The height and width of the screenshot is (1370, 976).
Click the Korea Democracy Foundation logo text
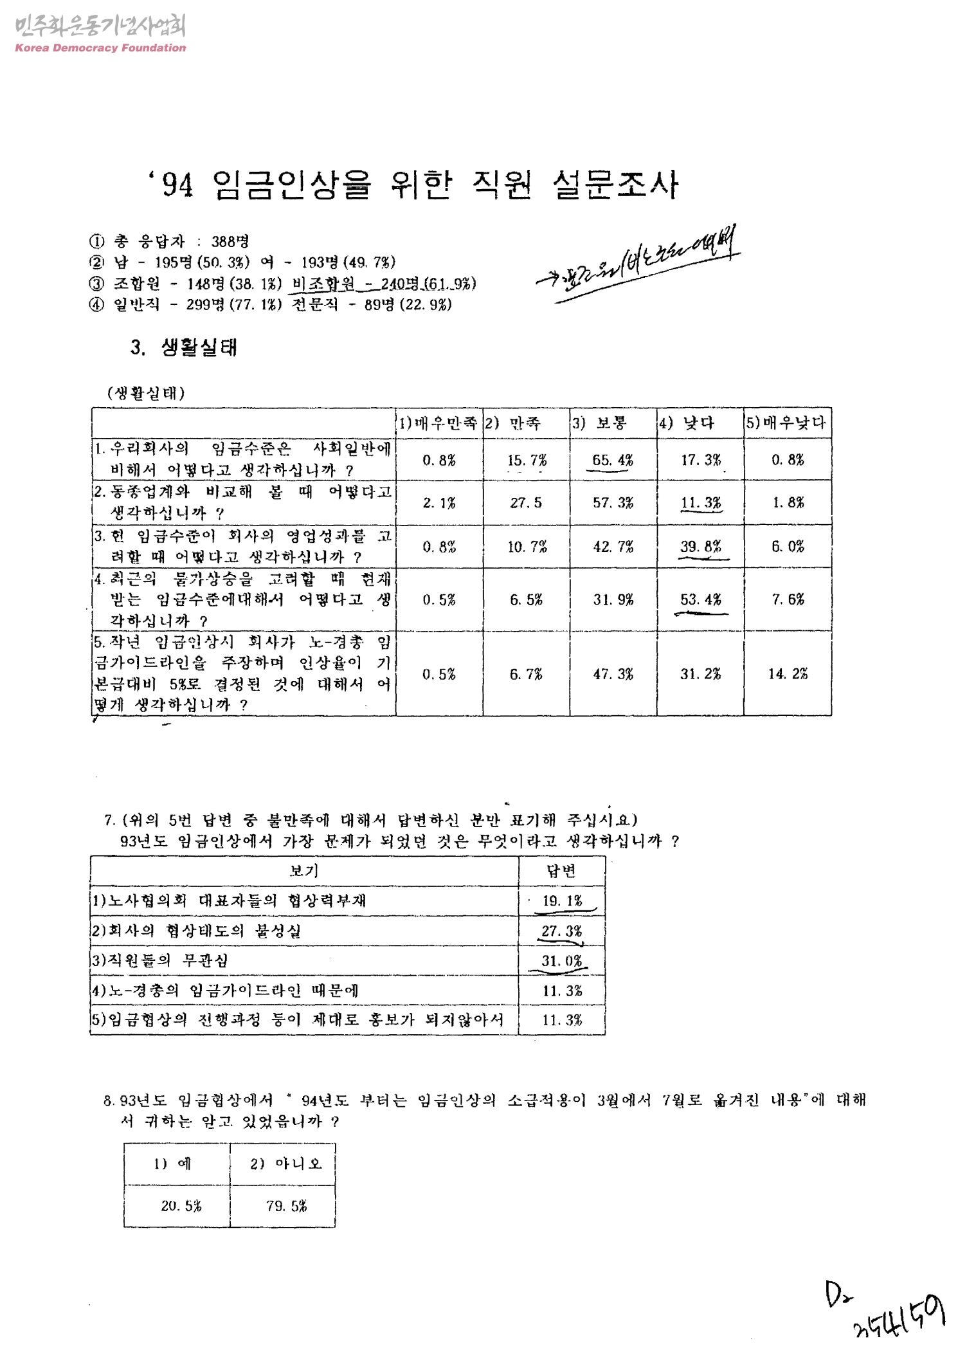coord(100,48)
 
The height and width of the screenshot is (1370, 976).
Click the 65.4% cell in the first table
coord(612,460)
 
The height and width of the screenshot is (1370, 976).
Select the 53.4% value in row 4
coord(700,599)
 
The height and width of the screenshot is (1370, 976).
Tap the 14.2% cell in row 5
coord(787,673)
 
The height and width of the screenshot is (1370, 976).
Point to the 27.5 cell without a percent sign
coord(525,503)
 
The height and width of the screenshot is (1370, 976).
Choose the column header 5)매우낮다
coord(787,423)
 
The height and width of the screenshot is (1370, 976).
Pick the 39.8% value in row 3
coord(700,547)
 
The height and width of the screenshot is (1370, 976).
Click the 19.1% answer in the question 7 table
coord(561,900)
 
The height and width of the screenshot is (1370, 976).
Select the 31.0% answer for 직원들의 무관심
coord(561,961)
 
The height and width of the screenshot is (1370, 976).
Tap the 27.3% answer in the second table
coord(561,931)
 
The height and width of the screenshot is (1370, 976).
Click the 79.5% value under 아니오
coord(286,1206)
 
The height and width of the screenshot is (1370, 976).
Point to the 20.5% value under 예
coord(181,1206)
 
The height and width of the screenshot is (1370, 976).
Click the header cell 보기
coord(303,871)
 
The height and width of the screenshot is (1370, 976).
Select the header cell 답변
coord(561,871)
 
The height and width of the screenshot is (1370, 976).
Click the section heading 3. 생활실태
coord(184,348)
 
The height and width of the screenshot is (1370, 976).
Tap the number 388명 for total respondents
coord(230,242)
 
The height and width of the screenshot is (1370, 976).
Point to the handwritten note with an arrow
coord(640,266)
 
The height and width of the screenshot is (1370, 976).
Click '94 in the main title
coord(172,187)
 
